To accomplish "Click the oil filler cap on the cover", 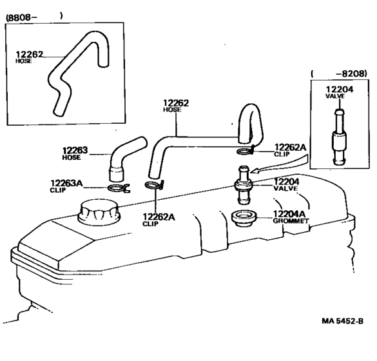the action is point(99,213).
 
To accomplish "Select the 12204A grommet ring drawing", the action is point(244,219).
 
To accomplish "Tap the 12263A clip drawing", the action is point(119,188).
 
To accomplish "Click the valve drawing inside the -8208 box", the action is point(339,137).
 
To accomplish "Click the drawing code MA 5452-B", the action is point(343,321).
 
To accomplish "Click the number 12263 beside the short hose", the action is point(75,150).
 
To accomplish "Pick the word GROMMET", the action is point(291,220).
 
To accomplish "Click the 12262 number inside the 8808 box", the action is point(30,54).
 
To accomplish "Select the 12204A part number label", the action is point(289,214).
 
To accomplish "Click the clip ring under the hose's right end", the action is point(246,151).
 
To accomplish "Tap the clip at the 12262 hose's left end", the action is point(154,185).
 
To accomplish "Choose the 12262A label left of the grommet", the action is point(159,217).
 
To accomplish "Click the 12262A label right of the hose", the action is point(290,147).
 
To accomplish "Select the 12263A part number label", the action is point(66,183).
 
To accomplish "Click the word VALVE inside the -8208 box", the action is point(335,96).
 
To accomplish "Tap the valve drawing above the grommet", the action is point(244,185).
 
